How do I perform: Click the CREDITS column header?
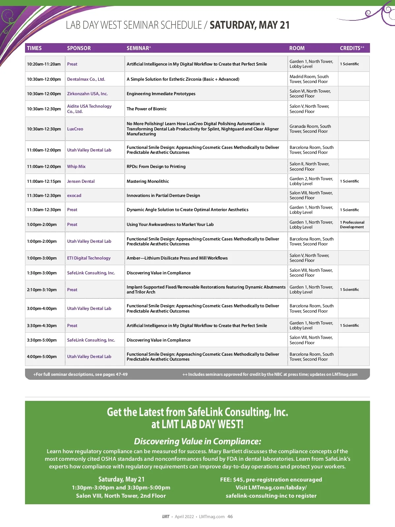click(x=352, y=48)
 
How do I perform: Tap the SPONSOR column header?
click(x=79, y=48)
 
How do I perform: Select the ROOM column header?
click(x=297, y=48)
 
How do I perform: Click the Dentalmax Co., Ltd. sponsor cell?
click(x=86, y=79)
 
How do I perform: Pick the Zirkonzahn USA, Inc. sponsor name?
click(x=87, y=94)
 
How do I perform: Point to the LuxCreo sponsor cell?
click(x=75, y=129)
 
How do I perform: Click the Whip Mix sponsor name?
click(x=76, y=166)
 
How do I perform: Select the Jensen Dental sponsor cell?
click(x=81, y=181)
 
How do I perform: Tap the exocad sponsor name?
click(x=74, y=195)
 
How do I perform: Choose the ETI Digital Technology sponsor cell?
click(x=89, y=258)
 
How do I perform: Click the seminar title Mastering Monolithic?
click(x=147, y=181)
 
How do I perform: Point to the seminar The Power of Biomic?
click(x=146, y=109)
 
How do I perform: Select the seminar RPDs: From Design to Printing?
click(x=156, y=166)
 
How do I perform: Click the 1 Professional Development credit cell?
click(x=352, y=225)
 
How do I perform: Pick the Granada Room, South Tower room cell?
click(x=310, y=129)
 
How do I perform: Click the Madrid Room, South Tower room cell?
click(x=309, y=79)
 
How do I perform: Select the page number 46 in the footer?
click(x=230, y=516)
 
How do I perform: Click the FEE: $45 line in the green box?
click(x=271, y=480)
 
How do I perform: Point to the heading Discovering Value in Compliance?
click(x=197, y=441)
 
